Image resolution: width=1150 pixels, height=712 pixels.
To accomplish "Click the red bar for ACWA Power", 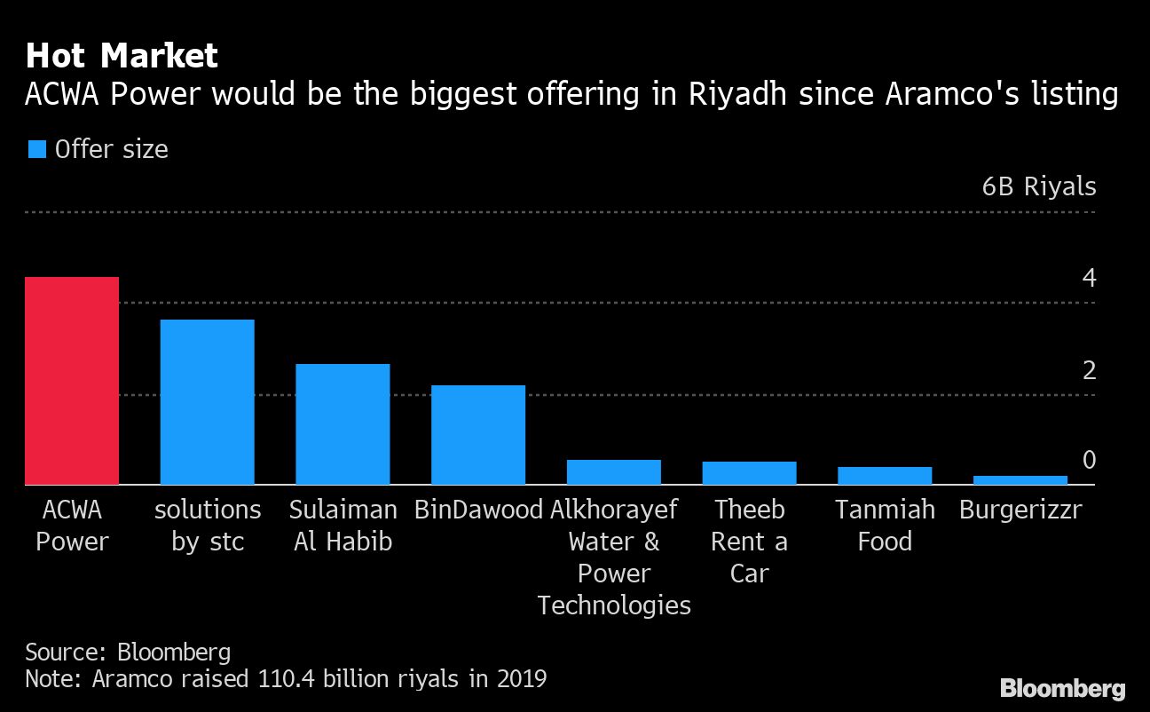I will pos(72,381).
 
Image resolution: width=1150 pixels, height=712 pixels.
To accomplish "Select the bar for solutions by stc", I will pos(207,402).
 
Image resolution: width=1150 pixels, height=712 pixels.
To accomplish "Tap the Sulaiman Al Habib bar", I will pos(343,424).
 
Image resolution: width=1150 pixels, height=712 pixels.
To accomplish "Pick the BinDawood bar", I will pos(478,435).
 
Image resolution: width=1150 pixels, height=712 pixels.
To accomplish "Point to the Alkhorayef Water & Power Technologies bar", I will pos(614,472).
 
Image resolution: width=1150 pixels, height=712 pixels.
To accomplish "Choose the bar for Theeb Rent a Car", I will pos(749,473).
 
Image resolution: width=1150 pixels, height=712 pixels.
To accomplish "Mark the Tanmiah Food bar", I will pos(885,476).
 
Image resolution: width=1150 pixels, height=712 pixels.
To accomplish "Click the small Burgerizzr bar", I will pos(1020,480).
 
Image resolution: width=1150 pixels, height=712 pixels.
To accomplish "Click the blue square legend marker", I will pos(36,149).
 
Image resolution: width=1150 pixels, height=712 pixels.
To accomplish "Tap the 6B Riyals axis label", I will pos(1038,187).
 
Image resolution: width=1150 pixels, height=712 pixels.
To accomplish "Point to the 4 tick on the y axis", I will pos(1089,279).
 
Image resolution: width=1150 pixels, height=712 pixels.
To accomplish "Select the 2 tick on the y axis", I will pos(1089,370).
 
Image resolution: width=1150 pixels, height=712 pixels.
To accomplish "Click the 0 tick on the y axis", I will pos(1089,460).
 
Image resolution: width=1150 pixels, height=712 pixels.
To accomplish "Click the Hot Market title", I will pos(122,56).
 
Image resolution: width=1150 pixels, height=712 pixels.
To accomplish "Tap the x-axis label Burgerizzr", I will pos(1020,510).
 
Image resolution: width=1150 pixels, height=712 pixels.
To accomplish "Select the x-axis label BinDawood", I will pos(478,510).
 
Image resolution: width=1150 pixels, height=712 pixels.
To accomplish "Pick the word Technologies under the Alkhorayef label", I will pos(614,605).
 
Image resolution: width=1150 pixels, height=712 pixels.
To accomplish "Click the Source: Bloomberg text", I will pos(128,653).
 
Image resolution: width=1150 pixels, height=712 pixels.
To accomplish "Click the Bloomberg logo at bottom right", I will pos(1062,688).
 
